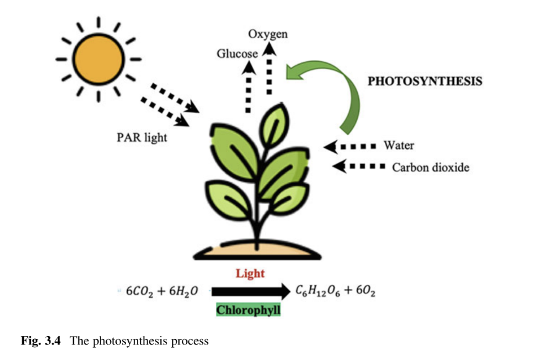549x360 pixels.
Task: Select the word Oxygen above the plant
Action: coord(268,35)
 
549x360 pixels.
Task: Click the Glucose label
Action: coord(237,54)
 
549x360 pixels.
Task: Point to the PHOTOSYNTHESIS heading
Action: coord(425,81)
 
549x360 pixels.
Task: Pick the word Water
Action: coord(398,146)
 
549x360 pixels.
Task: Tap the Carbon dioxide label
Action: coord(431,166)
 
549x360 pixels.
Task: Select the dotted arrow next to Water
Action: coord(350,147)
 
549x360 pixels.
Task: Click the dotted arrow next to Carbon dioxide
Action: coord(358,166)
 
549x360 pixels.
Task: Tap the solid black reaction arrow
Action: coord(249,291)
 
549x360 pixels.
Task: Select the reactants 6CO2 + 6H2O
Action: coord(162,291)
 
